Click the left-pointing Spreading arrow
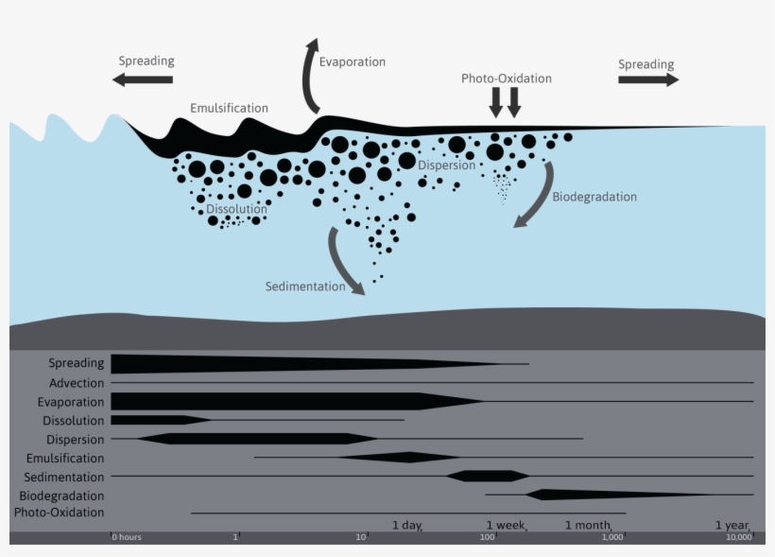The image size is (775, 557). pos(142,80)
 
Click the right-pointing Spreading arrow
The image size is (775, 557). pos(648,80)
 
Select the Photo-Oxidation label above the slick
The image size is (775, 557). pos(506,78)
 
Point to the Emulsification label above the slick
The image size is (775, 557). pos(229,108)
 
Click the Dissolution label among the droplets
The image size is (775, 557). pos(236,209)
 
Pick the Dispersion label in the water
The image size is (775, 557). pos(446,165)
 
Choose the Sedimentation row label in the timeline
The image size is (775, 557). pos(64,477)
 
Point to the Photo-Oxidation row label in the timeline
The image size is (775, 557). pos(59,513)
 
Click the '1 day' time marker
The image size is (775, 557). pos(406,525)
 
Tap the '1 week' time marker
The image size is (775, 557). pos(505,525)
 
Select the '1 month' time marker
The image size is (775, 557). pos(588,525)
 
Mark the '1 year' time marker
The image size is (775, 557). pos(732,525)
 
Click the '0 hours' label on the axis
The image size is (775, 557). pos(127,537)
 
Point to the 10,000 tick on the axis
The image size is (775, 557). pos(738,537)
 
